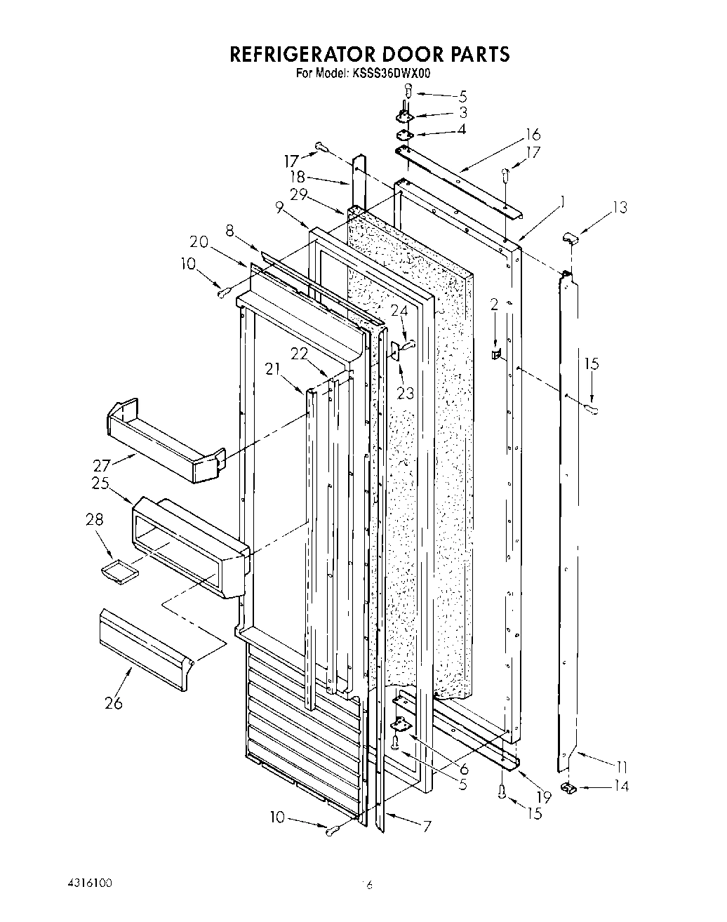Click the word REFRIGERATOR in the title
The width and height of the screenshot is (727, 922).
pyautogui.click(x=301, y=54)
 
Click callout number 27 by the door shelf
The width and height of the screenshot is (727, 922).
pyautogui.click(x=103, y=466)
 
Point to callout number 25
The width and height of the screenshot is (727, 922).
pyautogui.click(x=100, y=483)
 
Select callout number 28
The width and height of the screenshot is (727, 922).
pyautogui.click(x=95, y=519)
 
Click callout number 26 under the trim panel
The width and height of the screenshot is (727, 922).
pyautogui.click(x=112, y=702)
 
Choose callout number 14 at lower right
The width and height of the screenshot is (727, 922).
pyautogui.click(x=621, y=786)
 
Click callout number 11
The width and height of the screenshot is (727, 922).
pyautogui.click(x=621, y=766)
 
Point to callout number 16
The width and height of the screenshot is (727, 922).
pyautogui.click(x=533, y=135)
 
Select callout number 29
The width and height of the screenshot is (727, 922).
pyautogui.click(x=300, y=195)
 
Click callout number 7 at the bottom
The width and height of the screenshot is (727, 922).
pyautogui.click(x=427, y=826)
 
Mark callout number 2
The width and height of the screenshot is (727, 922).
pyautogui.click(x=494, y=304)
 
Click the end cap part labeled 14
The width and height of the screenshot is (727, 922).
pyautogui.click(x=568, y=790)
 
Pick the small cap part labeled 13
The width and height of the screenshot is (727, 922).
pyautogui.click(x=571, y=240)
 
